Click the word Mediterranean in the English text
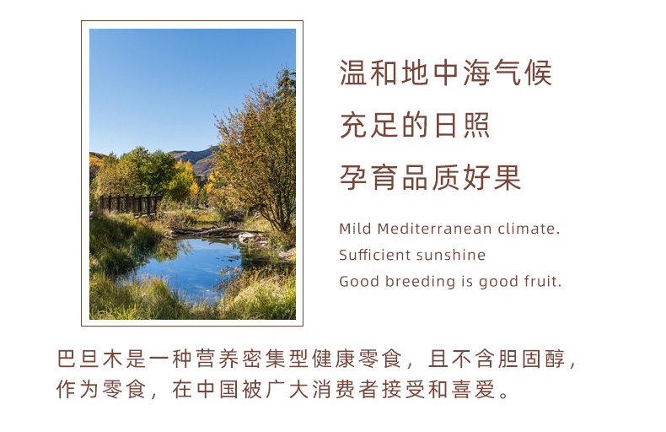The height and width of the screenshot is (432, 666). point(434,229)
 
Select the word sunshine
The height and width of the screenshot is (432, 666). point(451,255)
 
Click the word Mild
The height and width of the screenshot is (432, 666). point(356,229)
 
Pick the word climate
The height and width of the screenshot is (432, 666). point(529,229)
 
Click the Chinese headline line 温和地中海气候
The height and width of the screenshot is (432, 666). point(446,73)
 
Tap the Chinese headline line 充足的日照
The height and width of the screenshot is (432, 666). point(415,125)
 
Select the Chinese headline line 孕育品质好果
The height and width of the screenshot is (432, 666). point(430,177)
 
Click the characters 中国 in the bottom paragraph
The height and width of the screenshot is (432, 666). point(217,389)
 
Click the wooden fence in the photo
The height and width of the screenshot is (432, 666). point(131,204)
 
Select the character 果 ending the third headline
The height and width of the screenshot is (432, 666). point(508,177)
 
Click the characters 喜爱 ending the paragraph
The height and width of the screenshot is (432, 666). point(474,389)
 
